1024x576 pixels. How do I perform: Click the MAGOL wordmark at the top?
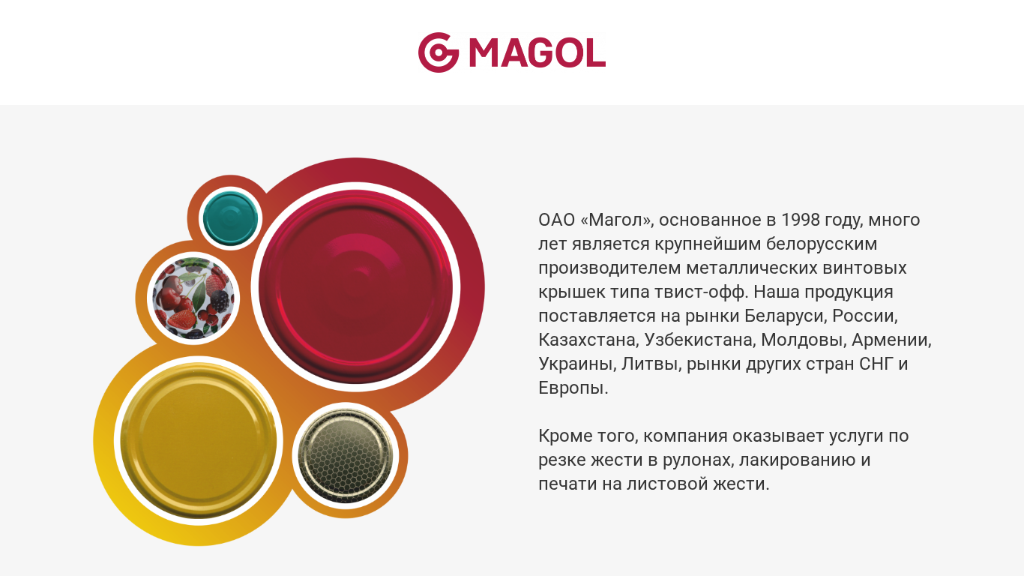[537, 52]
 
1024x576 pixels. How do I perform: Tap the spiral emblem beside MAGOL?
[438, 52]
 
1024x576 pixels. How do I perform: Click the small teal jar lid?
[230, 219]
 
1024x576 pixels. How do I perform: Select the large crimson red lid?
[355, 286]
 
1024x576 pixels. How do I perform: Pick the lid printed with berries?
[193, 298]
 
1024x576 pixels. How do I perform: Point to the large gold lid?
[199, 440]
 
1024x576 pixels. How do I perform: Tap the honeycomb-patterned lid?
[346, 456]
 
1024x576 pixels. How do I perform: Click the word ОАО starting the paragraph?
[556, 220]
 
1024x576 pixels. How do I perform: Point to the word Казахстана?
[588, 340]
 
